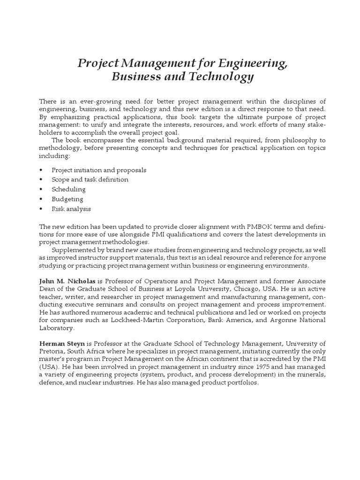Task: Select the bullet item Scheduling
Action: click(68, 189)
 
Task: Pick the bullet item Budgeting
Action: click(67, 199)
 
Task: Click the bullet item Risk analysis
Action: click(71, 209)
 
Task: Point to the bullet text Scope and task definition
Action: click(90, 180)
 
